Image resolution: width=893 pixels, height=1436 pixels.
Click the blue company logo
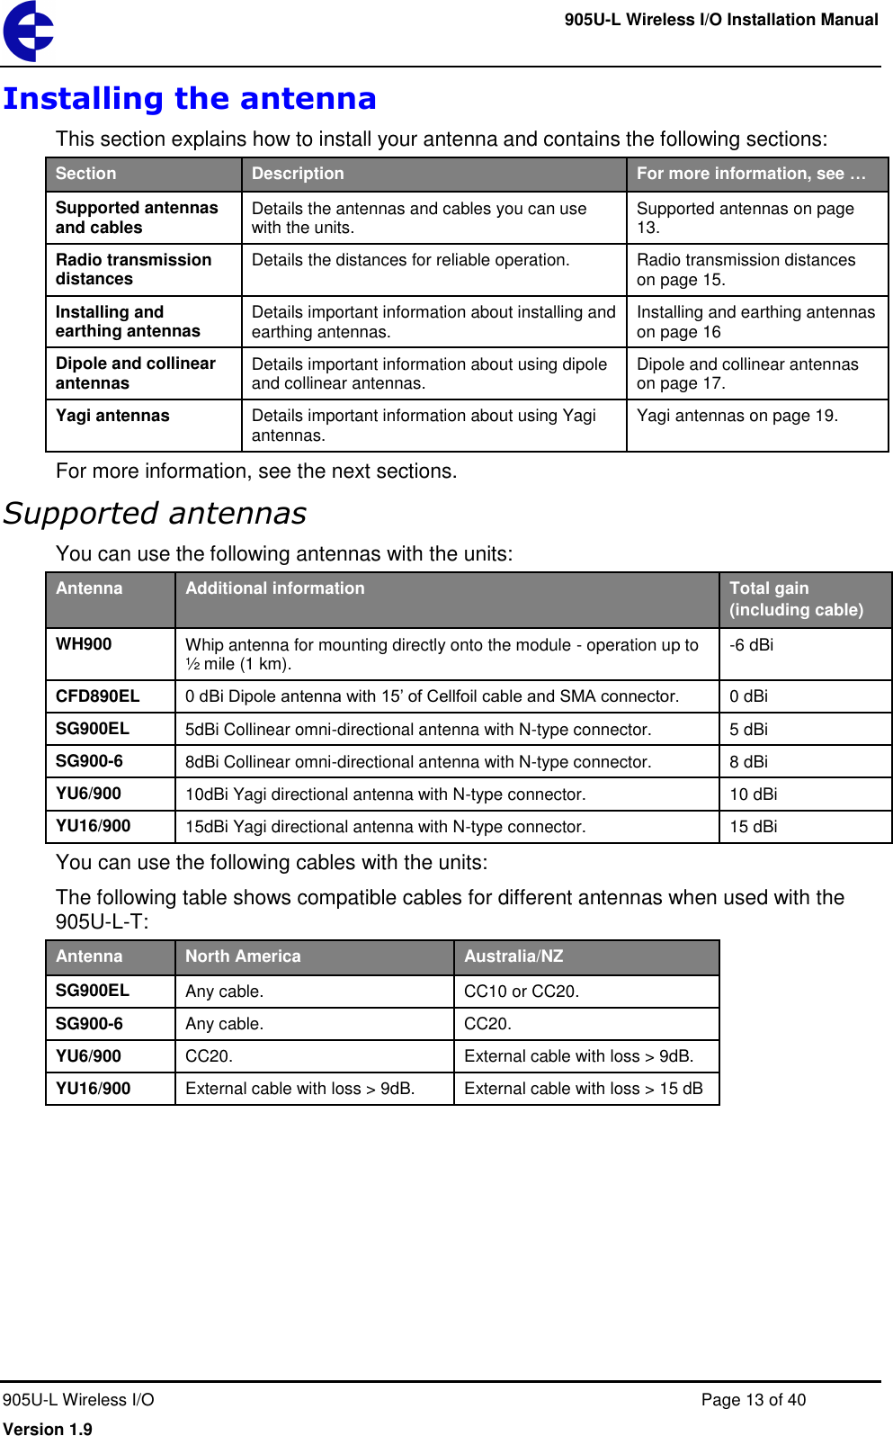tap(29, 31)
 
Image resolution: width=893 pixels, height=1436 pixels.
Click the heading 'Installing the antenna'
tap(190, 98)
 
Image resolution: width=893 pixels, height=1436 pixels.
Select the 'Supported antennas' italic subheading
tap(156, 513)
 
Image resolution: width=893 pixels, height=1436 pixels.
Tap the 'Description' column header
tap(298, 174)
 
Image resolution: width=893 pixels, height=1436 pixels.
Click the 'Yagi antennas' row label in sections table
tap(112, 416)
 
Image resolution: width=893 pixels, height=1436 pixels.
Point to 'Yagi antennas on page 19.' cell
tap(737, 416)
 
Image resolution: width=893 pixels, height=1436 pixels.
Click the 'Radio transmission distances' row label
tap(133, 269)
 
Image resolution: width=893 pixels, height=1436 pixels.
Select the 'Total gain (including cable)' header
tap(795, 599)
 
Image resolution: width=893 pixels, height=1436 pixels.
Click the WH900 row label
tap(84, 644)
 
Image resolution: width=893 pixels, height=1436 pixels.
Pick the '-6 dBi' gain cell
tap(751, 645)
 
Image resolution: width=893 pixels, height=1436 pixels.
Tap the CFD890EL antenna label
tap(97, 696)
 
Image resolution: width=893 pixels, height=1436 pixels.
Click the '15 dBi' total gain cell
tap(753, 827)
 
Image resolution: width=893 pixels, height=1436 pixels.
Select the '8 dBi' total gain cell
tap(748, 762)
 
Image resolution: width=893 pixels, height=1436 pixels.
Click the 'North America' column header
tap(243, 956)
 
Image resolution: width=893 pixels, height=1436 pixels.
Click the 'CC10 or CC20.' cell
tap(521, 992)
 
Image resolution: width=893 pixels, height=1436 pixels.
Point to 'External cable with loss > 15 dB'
tap(583, 1089)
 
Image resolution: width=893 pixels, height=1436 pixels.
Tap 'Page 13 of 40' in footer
tap(753, 1400)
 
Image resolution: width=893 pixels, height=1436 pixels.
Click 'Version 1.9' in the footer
tap(48, 1428)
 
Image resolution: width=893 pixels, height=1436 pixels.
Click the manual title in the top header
tap(720, 20)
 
